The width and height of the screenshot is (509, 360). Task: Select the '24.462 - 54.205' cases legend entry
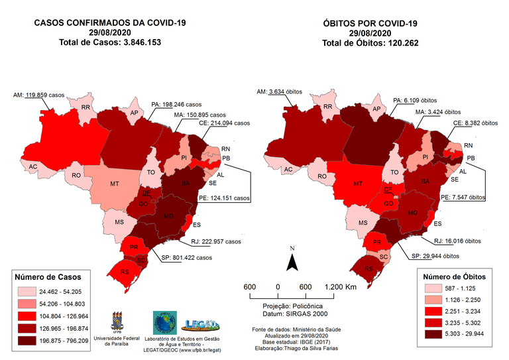(x=68, y=291)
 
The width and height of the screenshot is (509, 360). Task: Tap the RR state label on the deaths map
(x=328, y=107)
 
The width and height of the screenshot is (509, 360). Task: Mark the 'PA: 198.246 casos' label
(x=176, y=105)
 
